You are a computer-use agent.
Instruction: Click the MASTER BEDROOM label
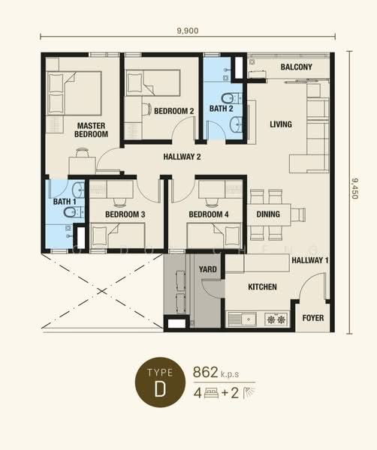tap(91, 130)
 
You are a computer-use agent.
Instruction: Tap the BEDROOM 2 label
tap(174, 111)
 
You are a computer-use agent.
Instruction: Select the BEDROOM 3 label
tap(125, 214)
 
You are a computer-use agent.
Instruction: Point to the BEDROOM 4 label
tap(208, 214)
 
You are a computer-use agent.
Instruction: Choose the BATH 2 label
tap(221, 109)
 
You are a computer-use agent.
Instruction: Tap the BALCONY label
tap(296, 67)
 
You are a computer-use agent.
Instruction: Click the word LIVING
tap(281, 124)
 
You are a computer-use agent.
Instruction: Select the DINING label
tap(268, 214)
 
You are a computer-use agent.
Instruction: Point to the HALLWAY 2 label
tap(182, 157)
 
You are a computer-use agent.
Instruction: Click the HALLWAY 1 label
tap(310, 259)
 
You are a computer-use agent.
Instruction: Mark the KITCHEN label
tap(262, 286)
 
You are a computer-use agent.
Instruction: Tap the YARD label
tap(207, 268)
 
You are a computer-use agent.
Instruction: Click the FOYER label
tap(313, 318)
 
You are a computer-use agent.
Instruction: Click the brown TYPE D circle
tap(160, 381)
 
